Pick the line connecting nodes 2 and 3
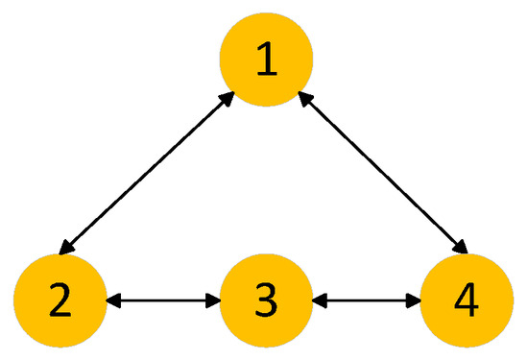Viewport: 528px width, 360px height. [162, 300]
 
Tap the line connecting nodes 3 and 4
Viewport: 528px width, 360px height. [369, 300]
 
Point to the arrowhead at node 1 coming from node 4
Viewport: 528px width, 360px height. [305, 97]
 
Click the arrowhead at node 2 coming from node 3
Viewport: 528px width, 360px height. [111, 300]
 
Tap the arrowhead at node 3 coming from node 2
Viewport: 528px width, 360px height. [214, 300]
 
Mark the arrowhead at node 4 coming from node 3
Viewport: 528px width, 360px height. [420, 300]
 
